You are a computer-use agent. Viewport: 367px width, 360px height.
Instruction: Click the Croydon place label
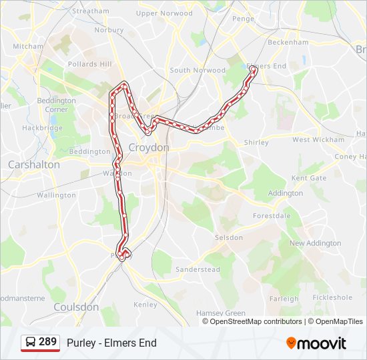(149, 147)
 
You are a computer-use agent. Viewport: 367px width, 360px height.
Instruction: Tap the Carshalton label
(33, 164)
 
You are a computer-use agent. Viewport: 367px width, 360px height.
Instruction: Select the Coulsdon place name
(76, 307)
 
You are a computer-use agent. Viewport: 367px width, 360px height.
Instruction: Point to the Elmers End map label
(267, 66)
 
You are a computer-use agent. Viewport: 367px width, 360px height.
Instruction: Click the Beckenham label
(288, 42)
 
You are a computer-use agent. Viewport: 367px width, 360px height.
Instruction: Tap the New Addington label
(315, 243)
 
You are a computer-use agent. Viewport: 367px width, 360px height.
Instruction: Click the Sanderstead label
(198, 269)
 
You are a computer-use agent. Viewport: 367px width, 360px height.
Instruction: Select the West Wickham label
(318, 140)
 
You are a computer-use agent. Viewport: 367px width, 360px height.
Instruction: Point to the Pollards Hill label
(90, 64)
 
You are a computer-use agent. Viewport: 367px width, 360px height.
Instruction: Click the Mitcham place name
(28, 46)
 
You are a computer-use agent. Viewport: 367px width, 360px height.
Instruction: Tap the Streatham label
(90, 11)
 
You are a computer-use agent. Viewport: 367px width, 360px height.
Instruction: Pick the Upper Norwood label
(164, 13)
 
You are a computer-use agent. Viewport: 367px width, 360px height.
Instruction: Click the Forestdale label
(272, 216)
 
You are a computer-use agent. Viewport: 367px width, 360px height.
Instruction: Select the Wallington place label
(56, 195)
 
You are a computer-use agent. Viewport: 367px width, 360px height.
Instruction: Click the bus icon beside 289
(30, 343)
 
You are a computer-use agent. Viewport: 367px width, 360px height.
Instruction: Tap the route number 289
(47, 342)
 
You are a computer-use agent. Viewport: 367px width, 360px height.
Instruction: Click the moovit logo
(316, 343)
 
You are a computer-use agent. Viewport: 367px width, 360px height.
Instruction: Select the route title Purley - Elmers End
(111, 343)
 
